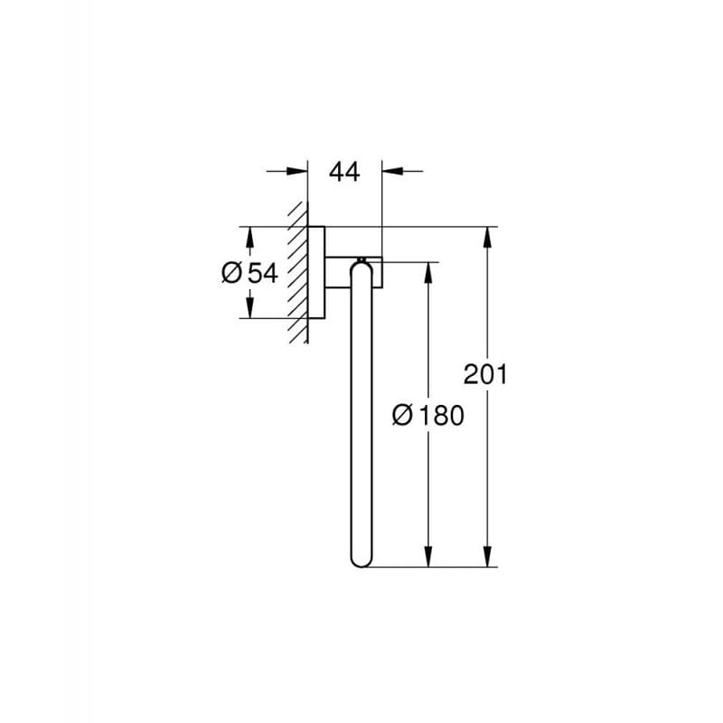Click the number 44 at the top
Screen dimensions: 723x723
click(343, 171)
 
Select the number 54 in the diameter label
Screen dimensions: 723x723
click(261, 272)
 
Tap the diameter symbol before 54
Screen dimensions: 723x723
click(231, 272)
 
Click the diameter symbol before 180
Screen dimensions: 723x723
click(405, 415)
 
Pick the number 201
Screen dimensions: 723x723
click(485, 373)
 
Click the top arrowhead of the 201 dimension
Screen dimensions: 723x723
click(488, 237)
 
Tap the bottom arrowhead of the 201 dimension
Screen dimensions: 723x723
click(488, 556)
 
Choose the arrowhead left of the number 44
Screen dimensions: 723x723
click(296, 170)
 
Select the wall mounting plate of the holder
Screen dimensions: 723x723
click(316, 271)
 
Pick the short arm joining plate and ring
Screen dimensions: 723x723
click(339, 272)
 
